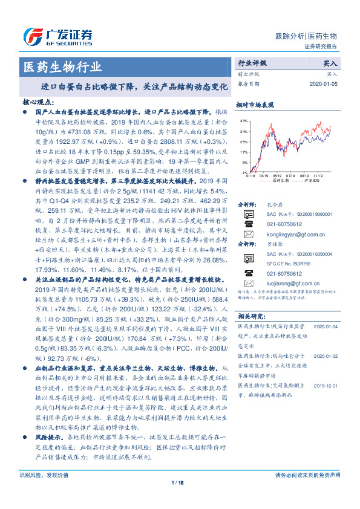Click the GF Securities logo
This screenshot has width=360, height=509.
(57, 36)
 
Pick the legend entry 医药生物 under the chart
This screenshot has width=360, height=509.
(280, 180)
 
